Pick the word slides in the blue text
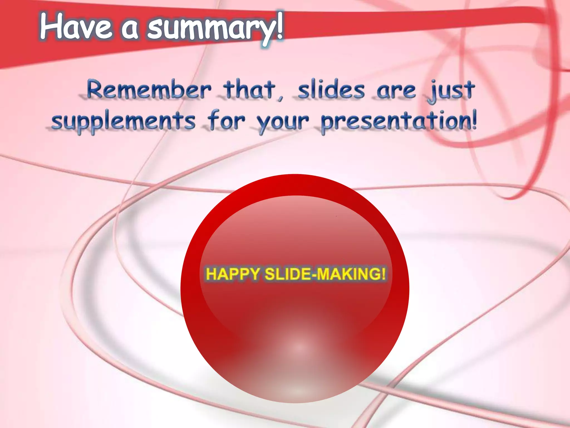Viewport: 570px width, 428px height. pyautogui.click(x=331, y=90)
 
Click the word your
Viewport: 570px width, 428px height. pyautogui.click(x=282, y=123)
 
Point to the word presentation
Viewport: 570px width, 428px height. pyautogui.click(x=395, y=121)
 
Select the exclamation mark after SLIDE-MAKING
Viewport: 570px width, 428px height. pyautogui.click(x=384, y=274)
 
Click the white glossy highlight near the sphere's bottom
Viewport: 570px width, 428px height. pyautogui.click(x=299, y=347)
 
